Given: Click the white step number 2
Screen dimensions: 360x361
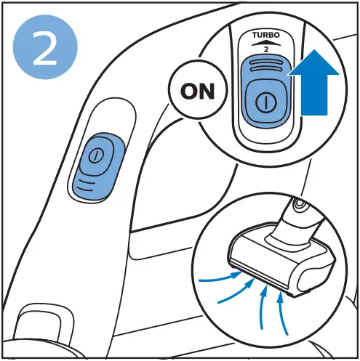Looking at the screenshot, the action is coord(45,48).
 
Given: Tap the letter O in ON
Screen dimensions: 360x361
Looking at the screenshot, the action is coord(189,92).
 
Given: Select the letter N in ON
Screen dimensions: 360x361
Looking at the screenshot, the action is coord(207,92).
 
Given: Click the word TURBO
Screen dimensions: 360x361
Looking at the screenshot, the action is coord(266,35).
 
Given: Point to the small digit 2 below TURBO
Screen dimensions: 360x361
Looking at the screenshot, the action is coord(266,49).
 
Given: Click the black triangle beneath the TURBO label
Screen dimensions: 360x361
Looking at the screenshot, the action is coord(266,43).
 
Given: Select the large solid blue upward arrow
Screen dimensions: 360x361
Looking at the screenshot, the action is coord(314,82).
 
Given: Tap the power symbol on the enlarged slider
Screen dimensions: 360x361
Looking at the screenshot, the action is coord(266,102).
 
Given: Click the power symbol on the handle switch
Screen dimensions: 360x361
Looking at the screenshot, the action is coord(96,155).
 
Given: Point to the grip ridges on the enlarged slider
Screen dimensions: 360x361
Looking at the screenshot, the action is coord(266,66).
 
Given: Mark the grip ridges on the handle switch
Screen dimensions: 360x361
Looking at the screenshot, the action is coord(85,185).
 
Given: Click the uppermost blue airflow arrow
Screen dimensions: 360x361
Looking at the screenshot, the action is coord(220,277).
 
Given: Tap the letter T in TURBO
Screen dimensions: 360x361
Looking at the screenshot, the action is coord(255,35).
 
